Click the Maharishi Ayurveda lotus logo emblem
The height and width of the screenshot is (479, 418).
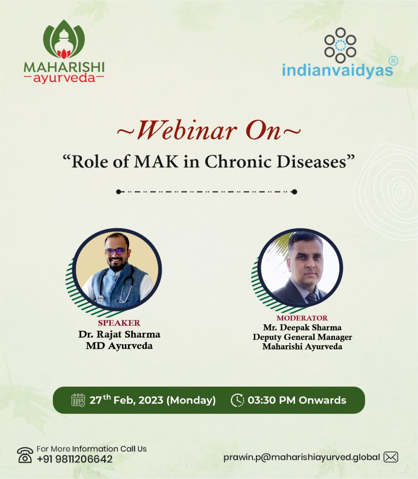pos(64,39)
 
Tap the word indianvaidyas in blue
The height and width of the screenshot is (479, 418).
pos(337,70)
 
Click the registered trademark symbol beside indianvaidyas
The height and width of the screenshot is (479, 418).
pos(393,61)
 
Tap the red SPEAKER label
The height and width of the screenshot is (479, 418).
pos(119,323)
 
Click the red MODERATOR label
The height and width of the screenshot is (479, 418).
pos(302,318)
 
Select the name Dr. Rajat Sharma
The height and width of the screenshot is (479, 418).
pos(119,334)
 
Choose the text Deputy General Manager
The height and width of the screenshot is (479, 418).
pos(302,337)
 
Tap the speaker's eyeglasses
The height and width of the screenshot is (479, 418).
pos(115,252)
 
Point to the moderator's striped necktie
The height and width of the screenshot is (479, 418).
pos(311,298)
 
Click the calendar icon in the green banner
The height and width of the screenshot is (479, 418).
pos(78,400)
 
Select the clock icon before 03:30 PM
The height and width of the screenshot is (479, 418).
pos(237,400)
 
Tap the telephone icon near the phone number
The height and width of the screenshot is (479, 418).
pos(25,455)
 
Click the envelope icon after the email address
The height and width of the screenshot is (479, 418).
pos(391,457)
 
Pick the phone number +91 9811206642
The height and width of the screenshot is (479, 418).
pos(75,459)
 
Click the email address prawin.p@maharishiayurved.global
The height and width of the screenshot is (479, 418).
pos(301,457)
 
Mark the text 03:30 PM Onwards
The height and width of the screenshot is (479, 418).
pos(297,400)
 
